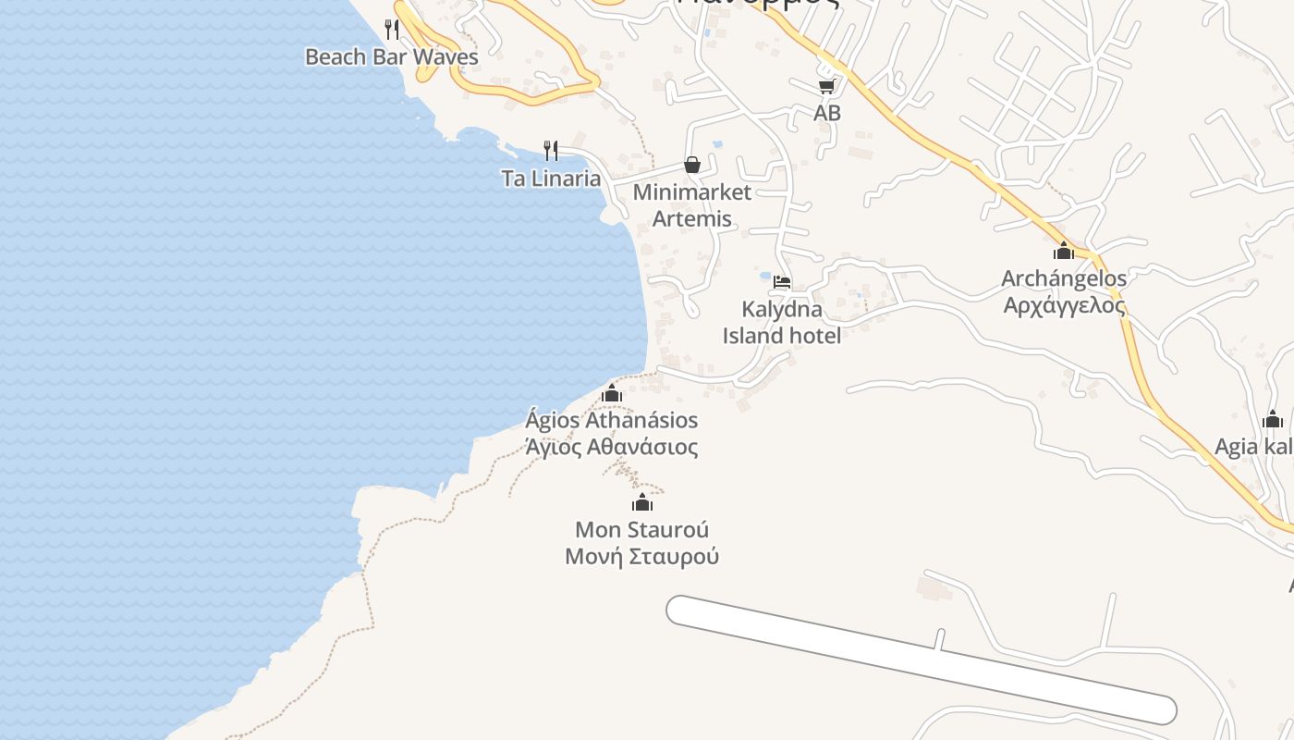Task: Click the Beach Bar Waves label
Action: (x=392, y=56)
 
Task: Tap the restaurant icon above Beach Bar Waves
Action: (x=392, y=29)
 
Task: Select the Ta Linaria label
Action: (x=551, y=179)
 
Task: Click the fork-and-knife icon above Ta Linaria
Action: (x=551, y=150)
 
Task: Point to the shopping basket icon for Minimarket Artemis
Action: (x=691, y=165)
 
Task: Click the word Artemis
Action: (x=692, y=219)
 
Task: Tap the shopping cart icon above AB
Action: (x=826, y=87)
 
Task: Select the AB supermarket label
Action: (x=827, y=113)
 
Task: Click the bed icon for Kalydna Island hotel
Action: (x=782, y=281)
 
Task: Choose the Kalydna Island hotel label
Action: (x=782, y=322)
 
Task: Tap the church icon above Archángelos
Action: (x=1064, y=251)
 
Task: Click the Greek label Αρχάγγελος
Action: (x=1065, y=305)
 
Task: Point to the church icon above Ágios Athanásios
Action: (x=611, y=394)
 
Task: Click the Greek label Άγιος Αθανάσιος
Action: (x=611, y=448)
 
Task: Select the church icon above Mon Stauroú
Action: (x=642, y=503)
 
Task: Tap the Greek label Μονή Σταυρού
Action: (x=642, y=557)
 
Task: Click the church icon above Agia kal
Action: (x=1273, y=420)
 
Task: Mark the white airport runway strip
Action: (x=921, y=660)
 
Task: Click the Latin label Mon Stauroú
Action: (x=642, y=530)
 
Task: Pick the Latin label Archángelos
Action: (x=1065, y=278)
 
